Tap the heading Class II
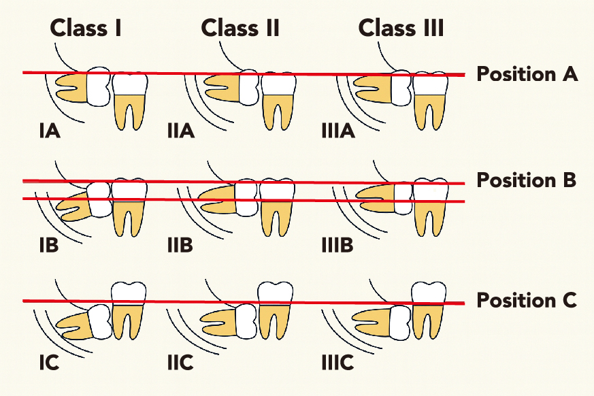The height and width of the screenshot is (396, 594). point(240,28)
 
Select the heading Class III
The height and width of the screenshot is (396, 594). point(401,28)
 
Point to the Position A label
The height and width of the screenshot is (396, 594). point(527,73)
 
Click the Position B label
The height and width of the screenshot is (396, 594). point(527,181)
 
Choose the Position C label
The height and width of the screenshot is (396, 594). point(527,300)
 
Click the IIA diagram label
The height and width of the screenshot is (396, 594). point(181,130)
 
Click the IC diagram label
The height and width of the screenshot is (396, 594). point(48,363)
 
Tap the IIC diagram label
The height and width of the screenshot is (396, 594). point(180,363)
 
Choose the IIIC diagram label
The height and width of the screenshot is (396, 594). point(337,363)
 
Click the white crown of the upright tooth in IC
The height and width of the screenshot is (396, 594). point(129,292)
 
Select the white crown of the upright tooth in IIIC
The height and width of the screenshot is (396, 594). point(429,292)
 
